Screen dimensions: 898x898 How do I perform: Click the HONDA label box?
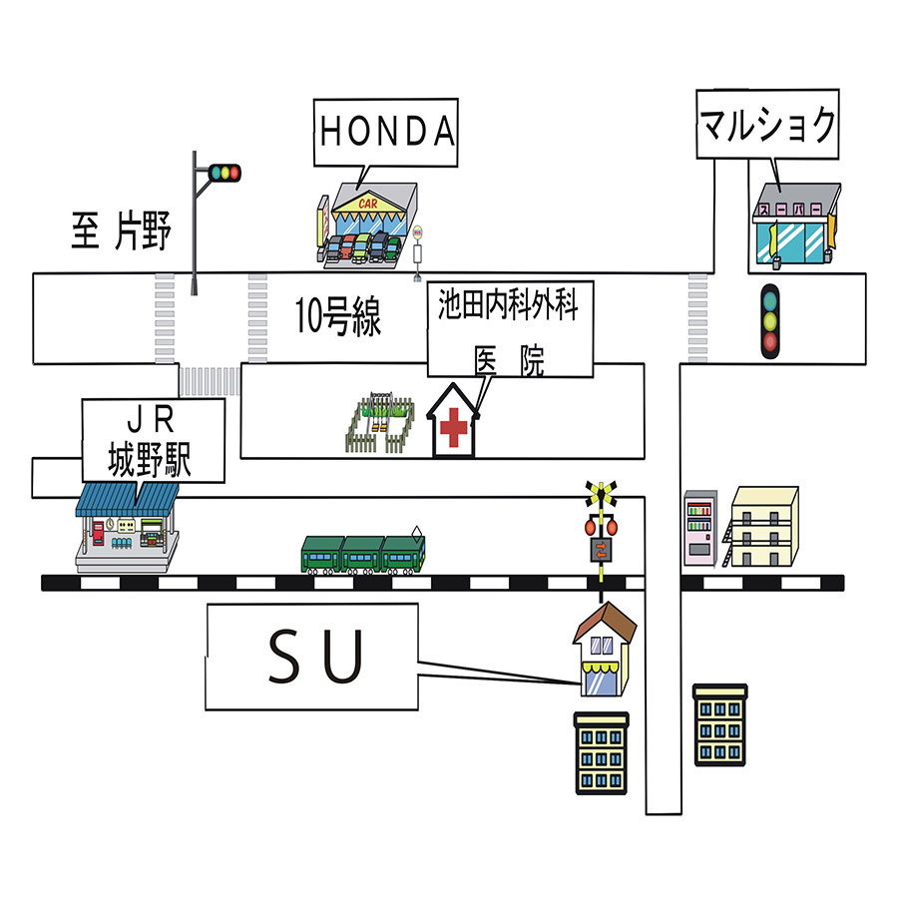(x=386, y=132)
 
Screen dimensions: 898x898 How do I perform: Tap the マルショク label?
(x=766, y=126)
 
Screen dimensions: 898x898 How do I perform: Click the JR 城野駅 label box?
(x=152, y=440)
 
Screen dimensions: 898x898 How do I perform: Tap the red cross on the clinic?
(x=454, y=428)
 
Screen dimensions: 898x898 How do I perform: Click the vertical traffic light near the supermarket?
(x=769, y=322)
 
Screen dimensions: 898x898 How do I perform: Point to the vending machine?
(x=701, y=529)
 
